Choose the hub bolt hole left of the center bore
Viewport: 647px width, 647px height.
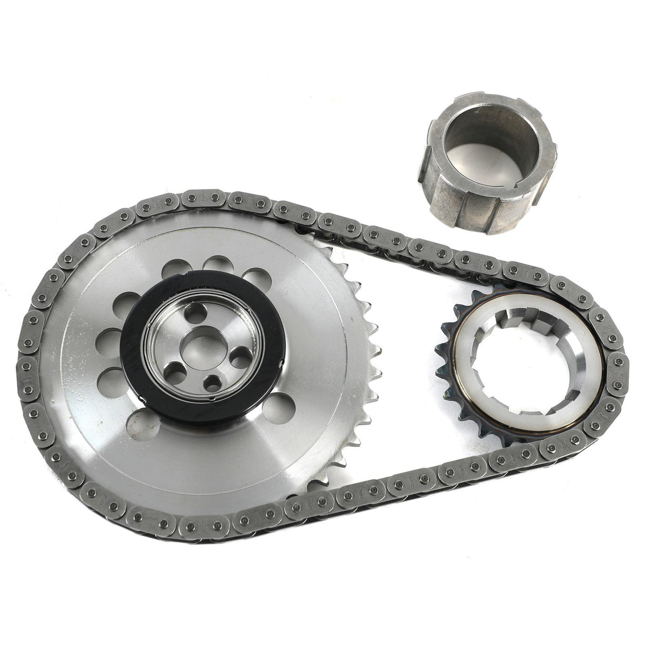[173, 370]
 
